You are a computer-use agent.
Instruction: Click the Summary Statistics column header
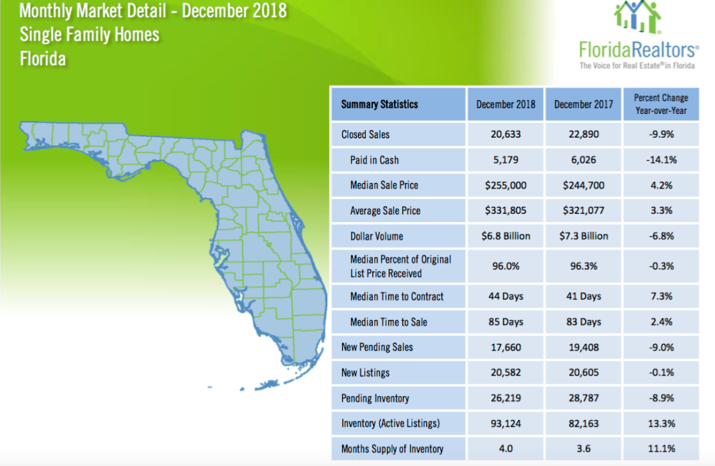[379, 104]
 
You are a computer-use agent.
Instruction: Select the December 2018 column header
[505, 104]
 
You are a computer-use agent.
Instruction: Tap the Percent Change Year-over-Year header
[660, 104]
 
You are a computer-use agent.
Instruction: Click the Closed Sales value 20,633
[505, 134]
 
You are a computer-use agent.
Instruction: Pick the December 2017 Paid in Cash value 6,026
[583, 160]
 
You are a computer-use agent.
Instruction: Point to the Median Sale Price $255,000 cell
[505, 185]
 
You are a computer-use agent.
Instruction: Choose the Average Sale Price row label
[385, 210]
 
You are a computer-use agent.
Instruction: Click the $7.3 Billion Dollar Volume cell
[583, 235]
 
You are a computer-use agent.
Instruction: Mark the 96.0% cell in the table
[505, 266]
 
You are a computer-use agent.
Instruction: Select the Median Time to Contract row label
[397, 296]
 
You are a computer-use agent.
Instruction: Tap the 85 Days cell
[505, 322]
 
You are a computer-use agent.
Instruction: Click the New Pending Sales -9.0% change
[660, 347]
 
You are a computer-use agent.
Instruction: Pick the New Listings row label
[365, 373]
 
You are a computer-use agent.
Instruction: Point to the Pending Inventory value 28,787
[583, 398]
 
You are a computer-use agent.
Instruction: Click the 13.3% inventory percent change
[660, 423]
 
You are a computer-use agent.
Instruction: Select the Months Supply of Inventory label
[392, 449]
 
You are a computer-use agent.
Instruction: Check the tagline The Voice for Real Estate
[637, 65]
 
